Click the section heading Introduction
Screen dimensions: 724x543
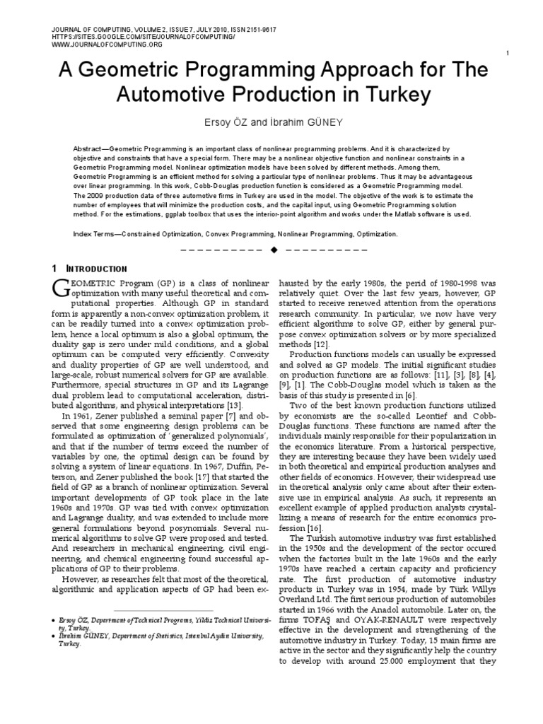tap(97, 269)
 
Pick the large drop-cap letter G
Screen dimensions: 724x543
tap(60, 287)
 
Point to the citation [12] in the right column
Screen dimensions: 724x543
tap(321, 344)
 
